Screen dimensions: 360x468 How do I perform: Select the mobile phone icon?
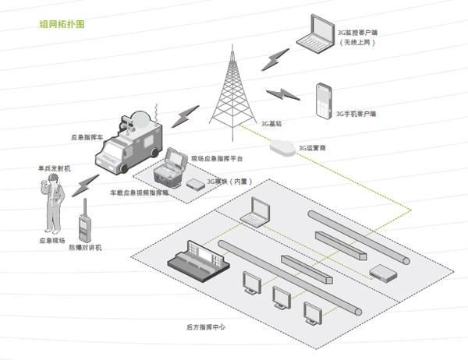tap(322, 101)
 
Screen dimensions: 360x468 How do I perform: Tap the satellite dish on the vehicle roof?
tap(140, 118)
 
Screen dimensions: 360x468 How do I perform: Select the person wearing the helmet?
tap(50, 204)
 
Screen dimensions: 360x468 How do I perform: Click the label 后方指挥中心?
tap(206, 327)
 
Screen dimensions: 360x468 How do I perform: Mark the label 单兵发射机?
tap(55, 168)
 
